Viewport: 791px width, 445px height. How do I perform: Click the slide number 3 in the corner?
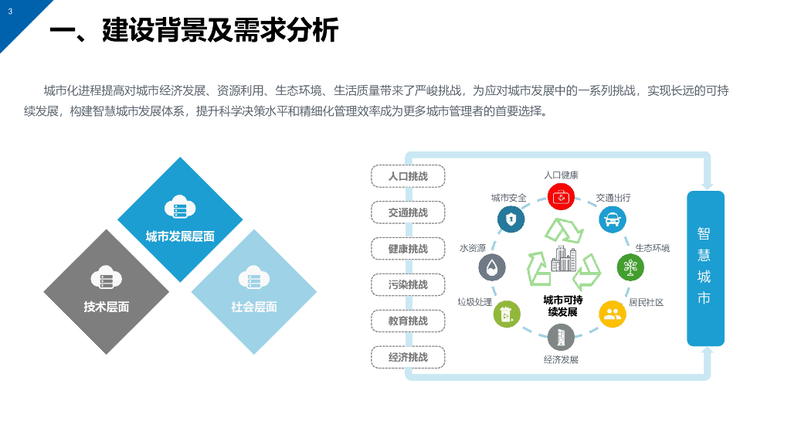click(x=10, y=12)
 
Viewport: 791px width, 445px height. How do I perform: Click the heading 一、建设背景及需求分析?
click(x=194, y=31)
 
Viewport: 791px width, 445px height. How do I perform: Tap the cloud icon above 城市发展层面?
click(x=180, y=208)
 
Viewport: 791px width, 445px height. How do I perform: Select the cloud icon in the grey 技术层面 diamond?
click(x=107, y=277)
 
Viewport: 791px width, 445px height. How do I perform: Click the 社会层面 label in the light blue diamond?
click(x=254, y=307)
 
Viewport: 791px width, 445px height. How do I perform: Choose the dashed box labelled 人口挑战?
click(x=408, y=176)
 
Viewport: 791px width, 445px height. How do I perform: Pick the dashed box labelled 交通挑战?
click(x=408, y=212)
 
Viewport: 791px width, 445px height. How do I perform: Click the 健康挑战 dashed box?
click(x=408, y=249)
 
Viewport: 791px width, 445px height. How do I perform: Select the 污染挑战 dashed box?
click(x=408, y=284)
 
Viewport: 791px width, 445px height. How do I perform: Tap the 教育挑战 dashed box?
click(x=408, y=321)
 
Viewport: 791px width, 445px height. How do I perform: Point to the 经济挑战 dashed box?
click(x=408, y=357)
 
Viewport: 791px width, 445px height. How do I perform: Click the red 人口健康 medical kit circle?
click(x=561, y=196)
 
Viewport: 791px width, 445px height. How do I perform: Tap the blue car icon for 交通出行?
click(x=613, y=219)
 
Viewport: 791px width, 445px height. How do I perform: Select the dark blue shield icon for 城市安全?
click(x=511, y=219)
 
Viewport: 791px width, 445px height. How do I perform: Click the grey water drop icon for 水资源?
click(x=492, y=267)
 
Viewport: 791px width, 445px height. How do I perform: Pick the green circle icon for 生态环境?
click(x=630, y=267)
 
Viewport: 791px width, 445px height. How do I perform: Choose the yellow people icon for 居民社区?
click(x=613, y=314)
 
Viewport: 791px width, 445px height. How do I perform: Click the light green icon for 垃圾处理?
click(x=507, y=314)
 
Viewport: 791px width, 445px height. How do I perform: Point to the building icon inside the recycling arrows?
click(x=563, y=260)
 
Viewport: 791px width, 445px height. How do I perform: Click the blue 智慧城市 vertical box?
click(x=705, y=268)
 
